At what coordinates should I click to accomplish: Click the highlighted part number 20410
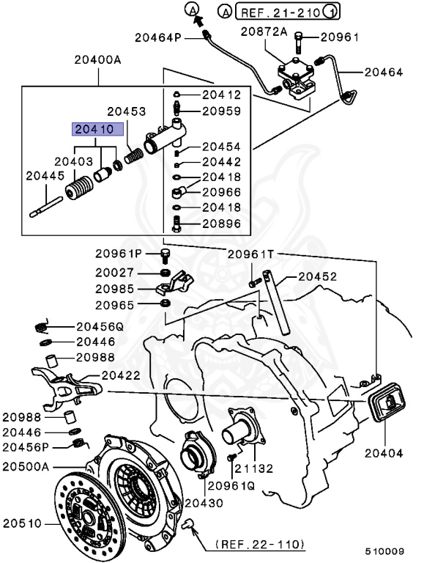pyautogui.click(x=92, y=128)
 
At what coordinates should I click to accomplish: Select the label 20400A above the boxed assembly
pyautogui.click(x=97, y=61)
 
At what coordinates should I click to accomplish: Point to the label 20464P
pyautogui.click(x=157, y=36)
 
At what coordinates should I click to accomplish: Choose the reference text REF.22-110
pyautogui.click(x=261, y=545)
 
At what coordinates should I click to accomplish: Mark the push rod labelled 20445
pyautogui.click(x=48, y=205)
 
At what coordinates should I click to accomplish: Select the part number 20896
pyautogui.click(x=220, y=225)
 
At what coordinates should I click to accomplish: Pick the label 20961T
pyautogui.click(x=250, y=254)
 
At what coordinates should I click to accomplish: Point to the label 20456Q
pyautogui.click(x=100, y=327)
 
